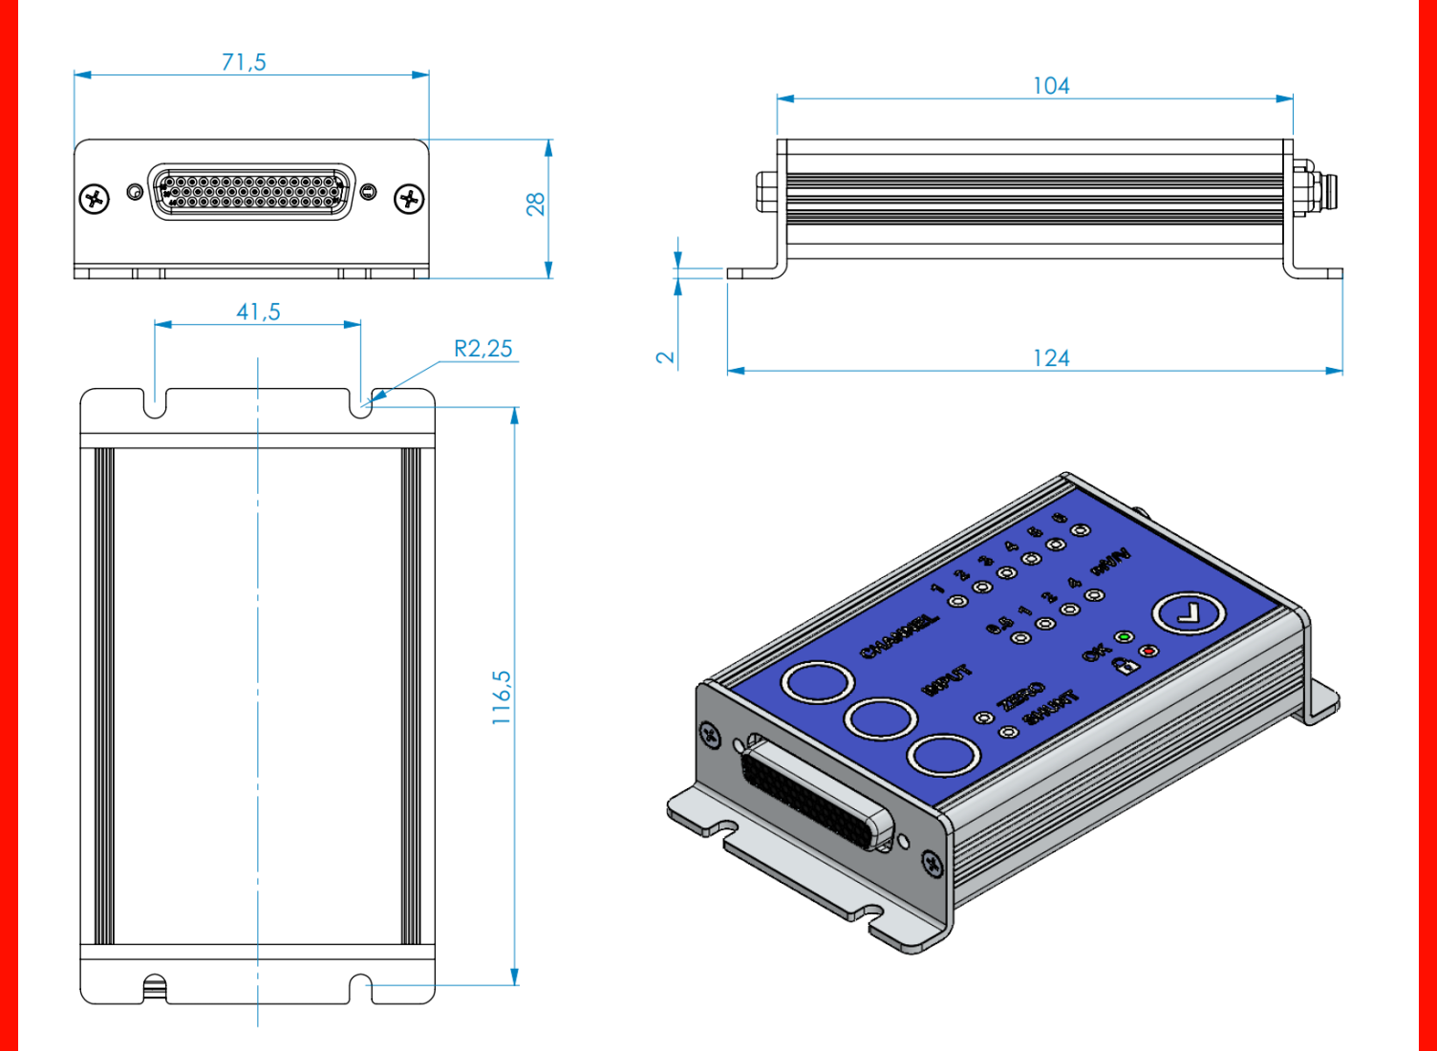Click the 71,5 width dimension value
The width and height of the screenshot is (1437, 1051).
tap(244, 62)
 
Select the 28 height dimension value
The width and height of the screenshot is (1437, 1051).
tap(535, 204)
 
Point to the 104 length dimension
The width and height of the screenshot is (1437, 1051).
tap(1051, 86)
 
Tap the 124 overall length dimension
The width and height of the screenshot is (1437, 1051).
tap(1051, 358)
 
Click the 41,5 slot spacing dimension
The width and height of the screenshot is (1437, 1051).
tap(258, 312)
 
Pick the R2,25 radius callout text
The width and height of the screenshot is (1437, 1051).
tap(483, 349)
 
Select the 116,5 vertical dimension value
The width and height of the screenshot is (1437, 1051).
tap(502, 697)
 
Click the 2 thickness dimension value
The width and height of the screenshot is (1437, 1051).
tap(665, 357)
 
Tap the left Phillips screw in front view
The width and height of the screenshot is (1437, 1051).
tap(94, 199)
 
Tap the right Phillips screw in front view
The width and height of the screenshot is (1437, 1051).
tap(410, 199)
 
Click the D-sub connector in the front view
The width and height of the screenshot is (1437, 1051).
tap(251, 191)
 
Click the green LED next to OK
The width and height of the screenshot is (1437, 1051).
tap(1125, 637)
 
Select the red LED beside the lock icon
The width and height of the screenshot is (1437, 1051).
tap(1148, 652)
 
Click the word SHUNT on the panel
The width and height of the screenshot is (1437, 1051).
tap(1049, 708)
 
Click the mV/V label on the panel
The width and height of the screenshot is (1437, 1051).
tap(1110, 561)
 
